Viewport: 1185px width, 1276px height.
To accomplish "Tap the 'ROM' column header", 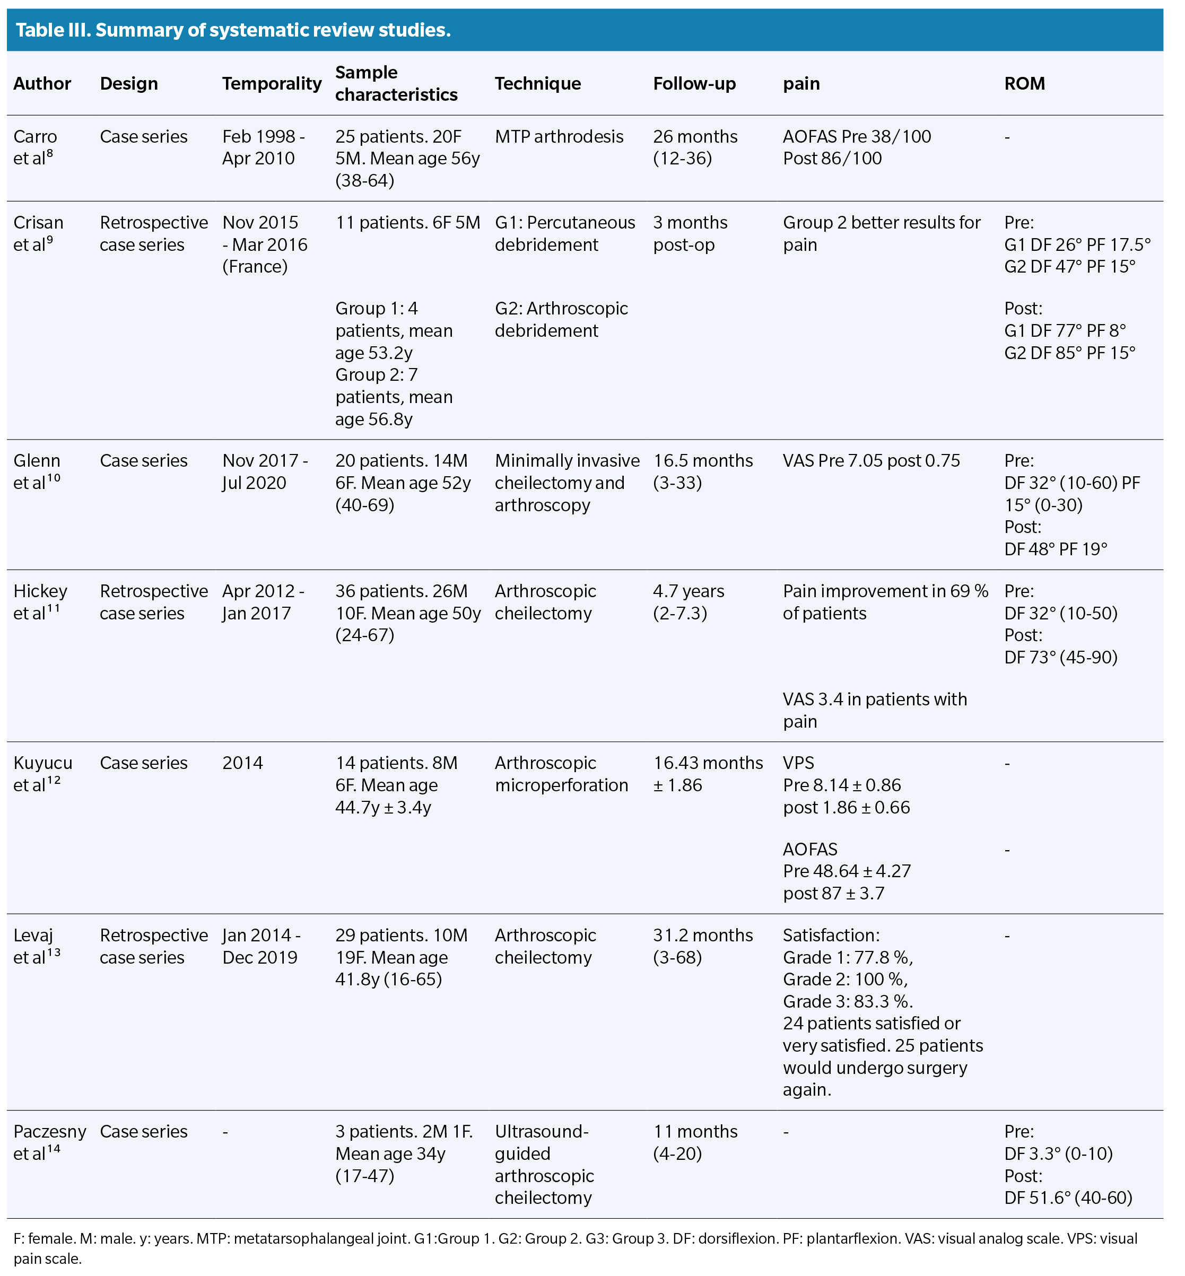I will tap(1024, 83).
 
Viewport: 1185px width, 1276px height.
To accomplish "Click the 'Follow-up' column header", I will tap(694, 83).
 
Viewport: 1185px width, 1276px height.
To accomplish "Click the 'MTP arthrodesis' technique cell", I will tap(559, 137).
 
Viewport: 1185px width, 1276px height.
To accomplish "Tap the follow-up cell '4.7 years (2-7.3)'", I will tap(688, 602).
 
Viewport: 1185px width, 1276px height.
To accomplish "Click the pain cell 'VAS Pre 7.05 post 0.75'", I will tap(871, 461).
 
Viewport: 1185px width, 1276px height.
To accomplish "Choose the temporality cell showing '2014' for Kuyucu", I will tap(242, 763).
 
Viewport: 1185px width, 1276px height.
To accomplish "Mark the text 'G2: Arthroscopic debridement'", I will tap(561, 319).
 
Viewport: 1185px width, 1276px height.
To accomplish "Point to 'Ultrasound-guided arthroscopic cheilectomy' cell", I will tap(544, 1165).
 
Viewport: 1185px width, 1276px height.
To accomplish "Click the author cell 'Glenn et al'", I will tap(37, 472).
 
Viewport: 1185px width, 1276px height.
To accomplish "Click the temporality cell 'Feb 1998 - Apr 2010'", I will tap(264, 147).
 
